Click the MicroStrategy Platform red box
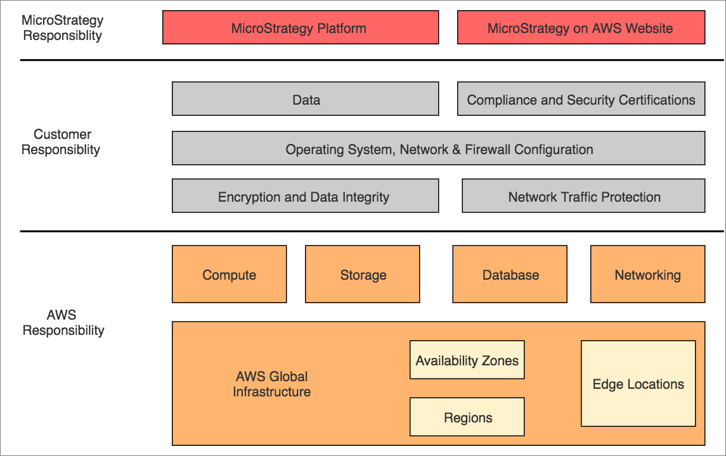point(300,28)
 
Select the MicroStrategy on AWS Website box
point(580,28)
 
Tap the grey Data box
point(305,100)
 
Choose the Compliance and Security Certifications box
point(580,100)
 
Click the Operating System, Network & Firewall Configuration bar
point(438,149)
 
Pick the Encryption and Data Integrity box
point(305,197)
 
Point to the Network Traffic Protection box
point(583,197)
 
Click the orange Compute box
point(229,275)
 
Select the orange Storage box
point(362,275)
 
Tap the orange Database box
point(510,275)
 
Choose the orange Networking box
point(647,275)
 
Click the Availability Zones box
point(467,361)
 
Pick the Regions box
point(467,417)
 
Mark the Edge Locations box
point(638,384)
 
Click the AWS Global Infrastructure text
point(271,384)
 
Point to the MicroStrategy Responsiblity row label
point(62,28)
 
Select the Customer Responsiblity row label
point(61,142)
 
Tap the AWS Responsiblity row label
point(63,322)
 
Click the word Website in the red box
point(649,28)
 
